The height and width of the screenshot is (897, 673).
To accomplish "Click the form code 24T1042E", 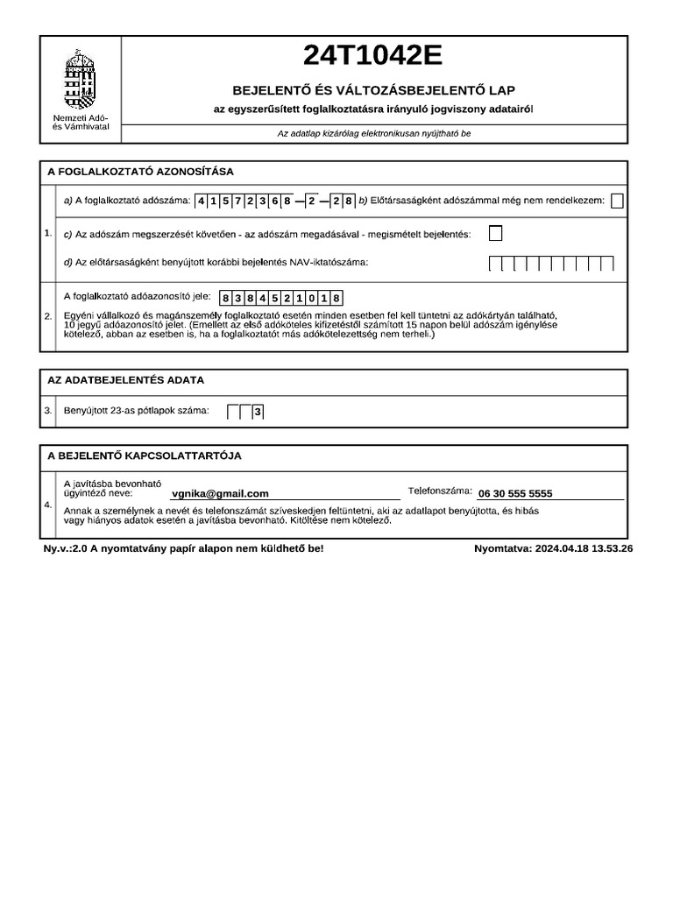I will pyautogui.click(x=373, y=56).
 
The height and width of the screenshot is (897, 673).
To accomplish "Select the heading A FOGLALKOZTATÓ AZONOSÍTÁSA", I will pyautogui.click(x=140, y=172).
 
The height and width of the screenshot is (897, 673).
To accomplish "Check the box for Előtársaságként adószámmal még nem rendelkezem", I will pyautogui.click(x=617, y=201).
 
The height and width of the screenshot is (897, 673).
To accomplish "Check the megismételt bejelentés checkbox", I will pyautogui.click(x=496, y=233).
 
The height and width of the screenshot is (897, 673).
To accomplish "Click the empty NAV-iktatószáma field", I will pyautogui.click(x=551, y=262).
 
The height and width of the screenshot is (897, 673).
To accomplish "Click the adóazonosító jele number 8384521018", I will pyautogui.click(x=280, y=297).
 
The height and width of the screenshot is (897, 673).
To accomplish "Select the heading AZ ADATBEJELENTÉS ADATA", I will pyautogui.click(x=125, y=380).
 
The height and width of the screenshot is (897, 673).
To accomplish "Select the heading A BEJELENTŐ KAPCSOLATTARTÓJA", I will pyautogui.click(x=145, y=456).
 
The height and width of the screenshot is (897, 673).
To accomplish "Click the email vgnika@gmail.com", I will pyautogui.click(x=220, y=494).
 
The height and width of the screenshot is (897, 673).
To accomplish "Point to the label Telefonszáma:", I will pyautogui.click(x=440, y=491).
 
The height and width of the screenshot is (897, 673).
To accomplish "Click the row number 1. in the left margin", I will pyautogui.click(x=47, y=233).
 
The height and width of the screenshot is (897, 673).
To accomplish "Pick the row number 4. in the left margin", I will pyautogui.click(x=47, y=505).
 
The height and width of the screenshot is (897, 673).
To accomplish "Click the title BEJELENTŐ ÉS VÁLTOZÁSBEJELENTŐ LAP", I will pyautogui.click(x=373, y=90).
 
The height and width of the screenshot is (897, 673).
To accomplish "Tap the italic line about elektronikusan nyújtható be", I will pyautogui.click(x=374, y=134).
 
